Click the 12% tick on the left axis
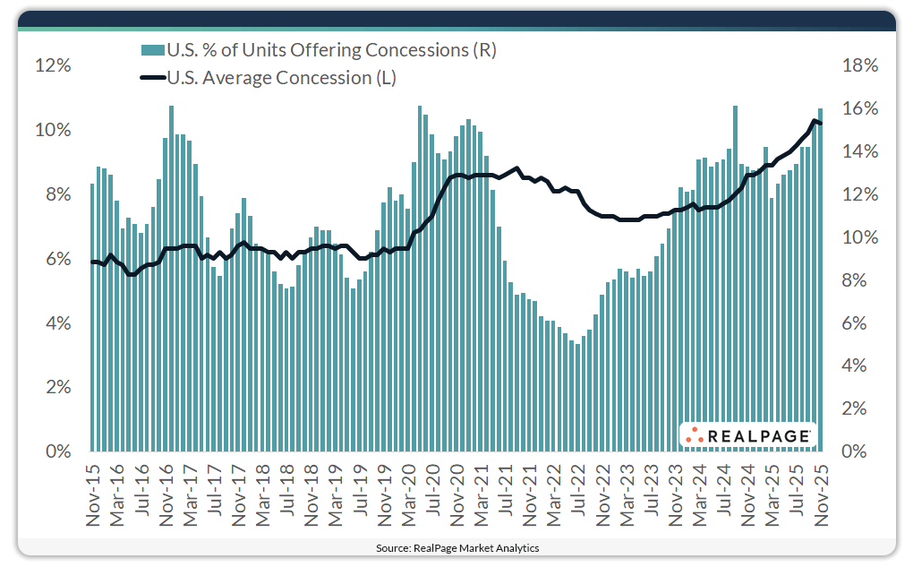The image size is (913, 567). coord(52,65)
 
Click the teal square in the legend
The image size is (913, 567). coord(147,51)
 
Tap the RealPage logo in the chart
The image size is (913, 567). coord(748,436)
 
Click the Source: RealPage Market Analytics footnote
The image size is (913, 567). coord(457,547)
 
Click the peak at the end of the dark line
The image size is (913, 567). coord(815,121)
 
